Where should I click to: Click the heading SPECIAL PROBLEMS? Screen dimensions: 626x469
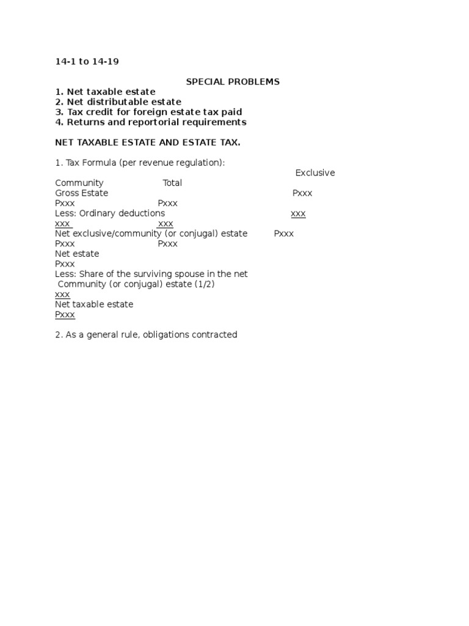pos(233,82)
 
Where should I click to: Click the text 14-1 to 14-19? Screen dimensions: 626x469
pos(91,62)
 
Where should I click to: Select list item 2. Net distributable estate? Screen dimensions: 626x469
pos(118,102)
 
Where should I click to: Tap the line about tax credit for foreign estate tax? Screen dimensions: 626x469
pos(148,112)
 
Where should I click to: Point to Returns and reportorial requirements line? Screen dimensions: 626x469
pos(150,122)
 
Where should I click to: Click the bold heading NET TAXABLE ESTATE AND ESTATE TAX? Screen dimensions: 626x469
pos(148,142)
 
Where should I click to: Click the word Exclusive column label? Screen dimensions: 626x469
pos(315,173)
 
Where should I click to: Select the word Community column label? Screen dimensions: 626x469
pos(79,183)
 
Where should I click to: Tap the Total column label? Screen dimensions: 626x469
pos(172,183)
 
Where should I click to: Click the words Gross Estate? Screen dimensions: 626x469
pos(81,193)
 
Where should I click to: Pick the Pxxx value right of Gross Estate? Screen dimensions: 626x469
pos(302,193)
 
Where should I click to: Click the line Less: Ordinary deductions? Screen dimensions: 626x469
pos(110,213)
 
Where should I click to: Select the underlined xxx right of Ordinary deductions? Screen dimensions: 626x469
pos(298,213)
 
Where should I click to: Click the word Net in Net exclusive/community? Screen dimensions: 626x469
pos(62,234)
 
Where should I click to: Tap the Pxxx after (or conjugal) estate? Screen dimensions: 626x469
pos(284,234)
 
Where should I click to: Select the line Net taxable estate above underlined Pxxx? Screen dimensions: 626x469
pos(94,304)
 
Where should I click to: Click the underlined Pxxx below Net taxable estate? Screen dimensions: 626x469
pos(65,315)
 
